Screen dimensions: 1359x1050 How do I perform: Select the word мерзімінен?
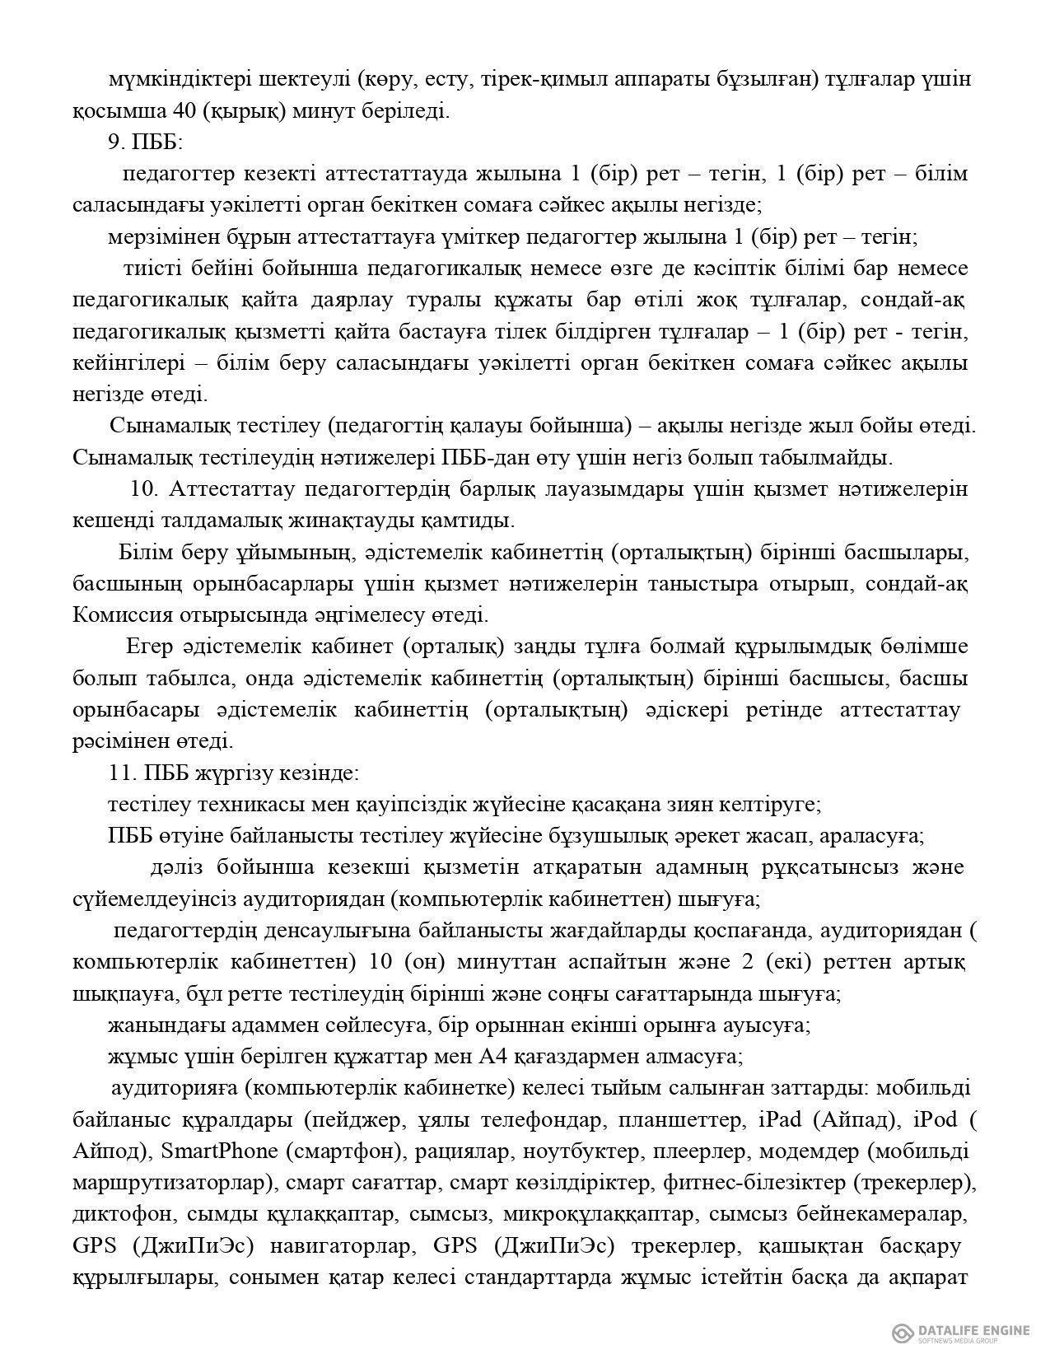click(156, 238)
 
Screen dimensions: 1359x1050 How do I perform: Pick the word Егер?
click(148, 647)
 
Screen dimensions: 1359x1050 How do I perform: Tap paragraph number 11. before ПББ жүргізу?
click(120, 774)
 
